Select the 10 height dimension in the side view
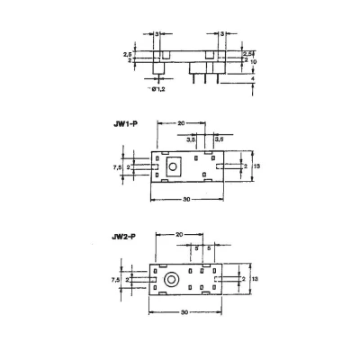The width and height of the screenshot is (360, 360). pos(255,62)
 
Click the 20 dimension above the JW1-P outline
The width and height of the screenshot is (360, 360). pos(181,123)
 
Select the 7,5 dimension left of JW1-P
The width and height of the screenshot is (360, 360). pos(116,166)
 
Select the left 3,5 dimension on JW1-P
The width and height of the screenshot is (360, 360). pos(191,139)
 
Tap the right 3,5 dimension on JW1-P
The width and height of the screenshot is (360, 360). pos(219,139)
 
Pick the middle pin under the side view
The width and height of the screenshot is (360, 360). pos(206,76)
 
